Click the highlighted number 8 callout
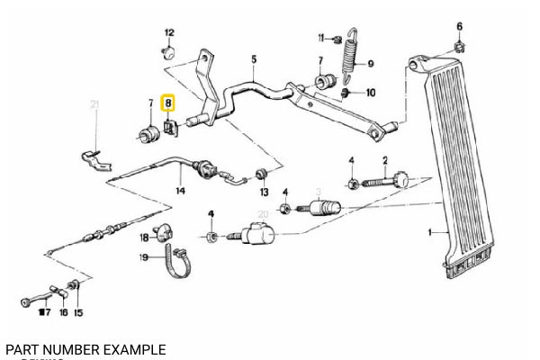167,104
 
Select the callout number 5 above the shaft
254,60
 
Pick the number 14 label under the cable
180,191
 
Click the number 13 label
264,193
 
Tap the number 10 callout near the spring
370,93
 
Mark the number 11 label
319,37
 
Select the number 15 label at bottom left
78,313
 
